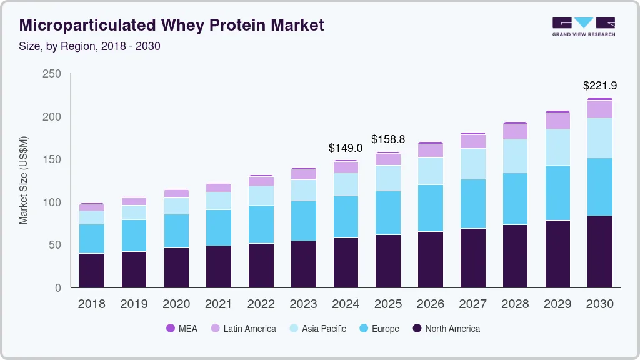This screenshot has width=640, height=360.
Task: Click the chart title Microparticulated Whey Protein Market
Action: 172,25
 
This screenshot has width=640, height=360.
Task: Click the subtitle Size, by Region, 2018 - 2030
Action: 90,46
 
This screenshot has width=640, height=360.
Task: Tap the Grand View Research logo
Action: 583,26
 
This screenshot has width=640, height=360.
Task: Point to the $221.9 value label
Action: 600,85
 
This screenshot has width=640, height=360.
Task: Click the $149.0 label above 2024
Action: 346,148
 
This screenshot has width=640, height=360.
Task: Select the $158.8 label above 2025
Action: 388,139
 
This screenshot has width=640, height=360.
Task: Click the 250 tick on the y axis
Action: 52,74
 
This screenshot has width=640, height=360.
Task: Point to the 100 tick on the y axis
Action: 52,202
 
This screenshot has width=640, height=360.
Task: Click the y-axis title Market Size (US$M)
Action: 24,180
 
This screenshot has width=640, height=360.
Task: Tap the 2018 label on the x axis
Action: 92,304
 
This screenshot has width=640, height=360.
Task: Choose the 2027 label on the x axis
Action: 472,304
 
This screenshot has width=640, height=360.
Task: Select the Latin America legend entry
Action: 243,328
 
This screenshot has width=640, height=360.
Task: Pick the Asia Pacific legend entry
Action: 317,328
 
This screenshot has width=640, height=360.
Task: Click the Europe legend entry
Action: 379,328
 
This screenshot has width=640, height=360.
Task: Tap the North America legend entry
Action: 446,328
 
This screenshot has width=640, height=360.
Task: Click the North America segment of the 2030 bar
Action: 600,251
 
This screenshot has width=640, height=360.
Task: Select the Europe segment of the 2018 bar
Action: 92,238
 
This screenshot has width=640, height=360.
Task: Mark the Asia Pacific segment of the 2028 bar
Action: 515,156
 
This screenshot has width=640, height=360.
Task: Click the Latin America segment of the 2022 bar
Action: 261,181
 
